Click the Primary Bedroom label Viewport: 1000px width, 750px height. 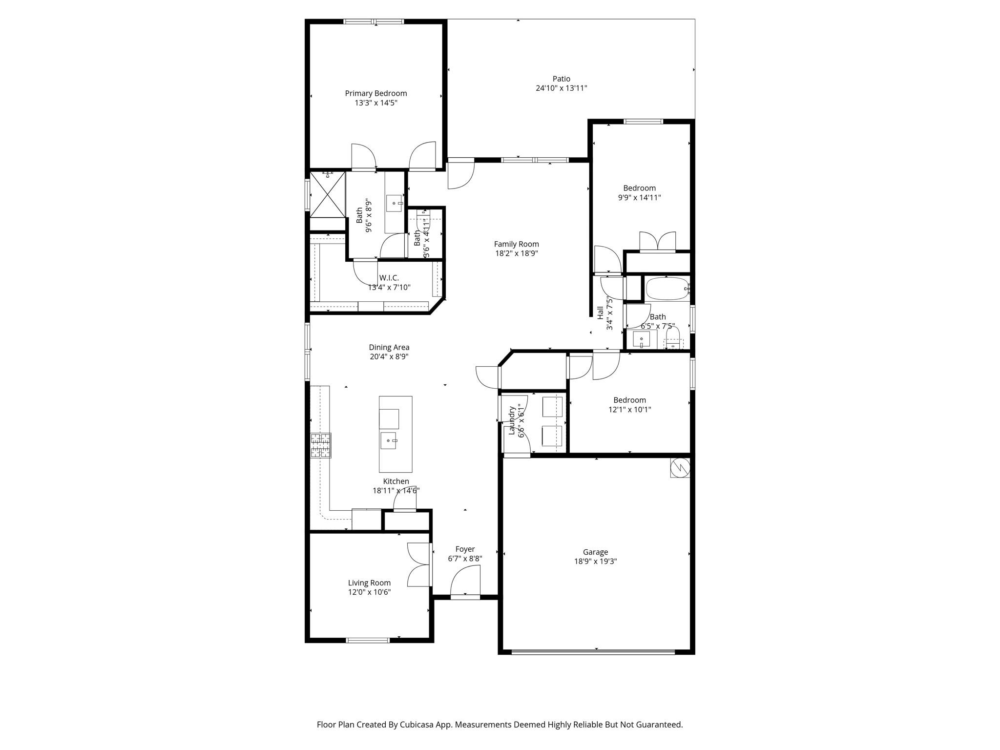pyautogui.click(x=375, y=93)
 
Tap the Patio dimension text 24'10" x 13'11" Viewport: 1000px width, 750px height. pyautogui.click(x=561, y=88)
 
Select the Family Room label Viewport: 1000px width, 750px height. pyautogui.click(x=516, y=244)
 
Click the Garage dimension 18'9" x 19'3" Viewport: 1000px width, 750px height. pyautogui.click(x=595, y=562)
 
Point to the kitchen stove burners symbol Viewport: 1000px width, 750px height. pyautogui.click(x=321, y=445)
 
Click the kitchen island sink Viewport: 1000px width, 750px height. pyautogui.click(x=390, y=440)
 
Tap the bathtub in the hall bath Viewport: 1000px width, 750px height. pyautogui.click(x=667, y=289)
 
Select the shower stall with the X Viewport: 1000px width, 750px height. pyautogui.click(x=328, y=194)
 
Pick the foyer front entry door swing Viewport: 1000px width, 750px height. pyautogui.click(x=465, y=581)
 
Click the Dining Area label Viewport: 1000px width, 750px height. pyautogui.click(x=389, y=348)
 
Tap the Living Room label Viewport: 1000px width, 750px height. pyautogui.click(x=369, y=583)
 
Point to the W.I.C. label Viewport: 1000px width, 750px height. pyautogui.click(x=389, y=278)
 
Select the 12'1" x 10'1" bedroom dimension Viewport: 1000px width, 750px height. pyautogui.click(x=629, y=410)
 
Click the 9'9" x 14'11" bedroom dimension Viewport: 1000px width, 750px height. pyautogui.click(x=639, y=198)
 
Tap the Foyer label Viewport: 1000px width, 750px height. pyautogui.click(x=465, y=549)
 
